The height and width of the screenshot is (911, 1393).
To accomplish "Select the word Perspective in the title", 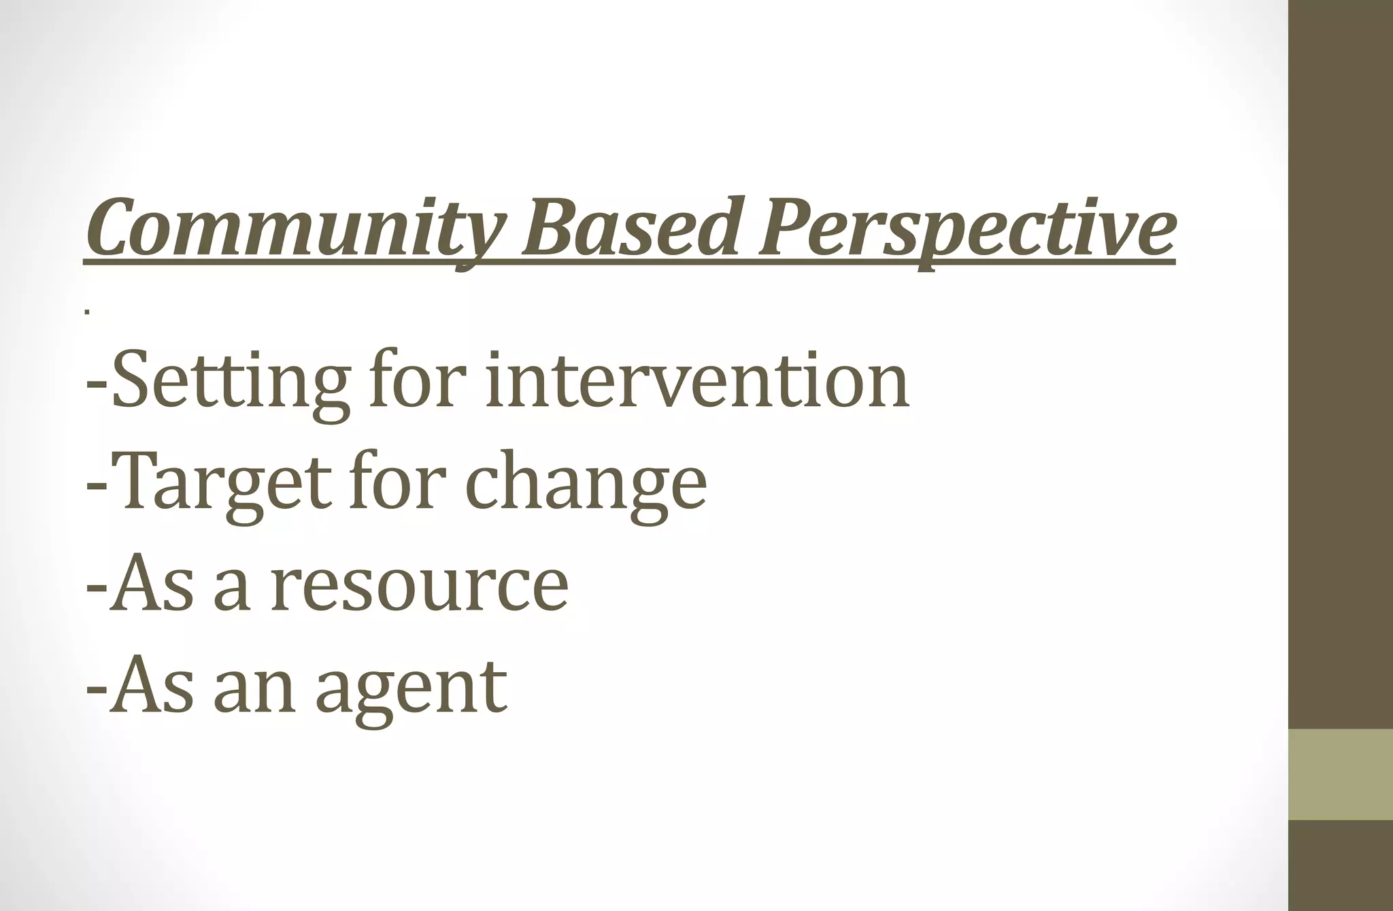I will pos(966,229).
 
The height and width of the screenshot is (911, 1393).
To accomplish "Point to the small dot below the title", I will pos(87,312).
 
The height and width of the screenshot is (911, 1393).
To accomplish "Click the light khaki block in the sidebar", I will pos(1340,774).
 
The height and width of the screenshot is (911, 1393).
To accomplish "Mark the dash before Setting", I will pos(96,385).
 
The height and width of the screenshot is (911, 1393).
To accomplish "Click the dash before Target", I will pos(96,487).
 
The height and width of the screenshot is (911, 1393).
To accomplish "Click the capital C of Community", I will pos(112,227).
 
